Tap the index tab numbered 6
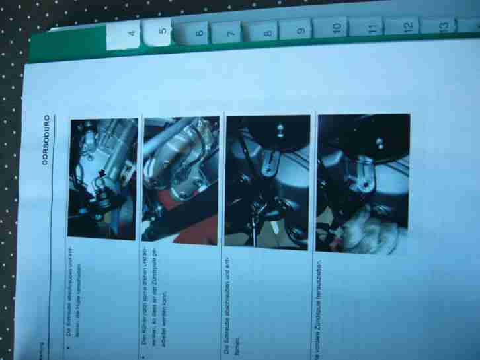click(x=199, y=32)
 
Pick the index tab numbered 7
click(x=231, y=32)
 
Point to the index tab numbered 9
click(x=301, y=30)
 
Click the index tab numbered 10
click(x=336, y=28)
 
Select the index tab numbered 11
click(x=372, y=28)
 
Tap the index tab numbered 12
click(x=407, y=27)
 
